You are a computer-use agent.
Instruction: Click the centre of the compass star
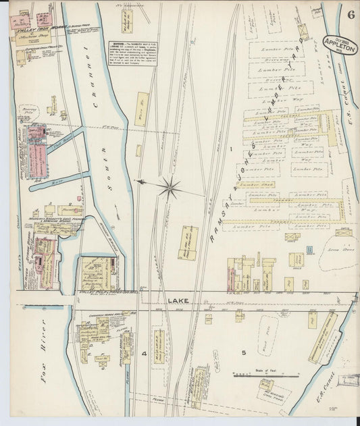(x=170, y=186)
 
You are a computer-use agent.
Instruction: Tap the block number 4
(x=144, y=354)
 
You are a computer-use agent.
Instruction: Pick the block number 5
(x=244, y=352)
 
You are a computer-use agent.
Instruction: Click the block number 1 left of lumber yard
(x=231, y=148)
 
